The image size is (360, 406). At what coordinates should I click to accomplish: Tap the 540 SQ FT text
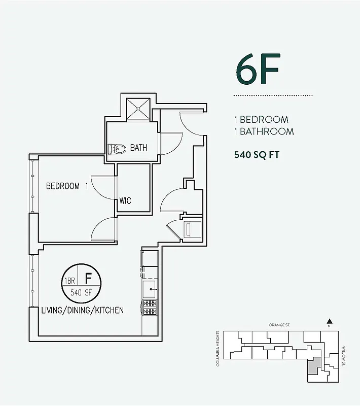257,155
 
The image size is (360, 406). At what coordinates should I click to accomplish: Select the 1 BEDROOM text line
261,120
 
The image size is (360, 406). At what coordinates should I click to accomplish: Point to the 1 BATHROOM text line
264,131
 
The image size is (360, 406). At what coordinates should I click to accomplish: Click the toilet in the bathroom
117,149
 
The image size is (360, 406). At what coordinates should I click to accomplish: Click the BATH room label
138,148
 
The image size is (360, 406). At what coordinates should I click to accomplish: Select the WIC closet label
125,200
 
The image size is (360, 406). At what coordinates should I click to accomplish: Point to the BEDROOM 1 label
67,186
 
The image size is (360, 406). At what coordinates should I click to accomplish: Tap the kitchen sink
149,290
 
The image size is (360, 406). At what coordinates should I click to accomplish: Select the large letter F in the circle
88,278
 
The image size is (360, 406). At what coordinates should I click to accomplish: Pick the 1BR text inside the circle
69,281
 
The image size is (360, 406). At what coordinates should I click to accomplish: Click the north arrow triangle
329,321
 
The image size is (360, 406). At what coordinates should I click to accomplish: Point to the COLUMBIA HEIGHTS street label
218,348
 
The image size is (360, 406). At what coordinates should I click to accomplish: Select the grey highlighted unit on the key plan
314,365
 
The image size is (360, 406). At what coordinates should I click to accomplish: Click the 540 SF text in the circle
81,292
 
